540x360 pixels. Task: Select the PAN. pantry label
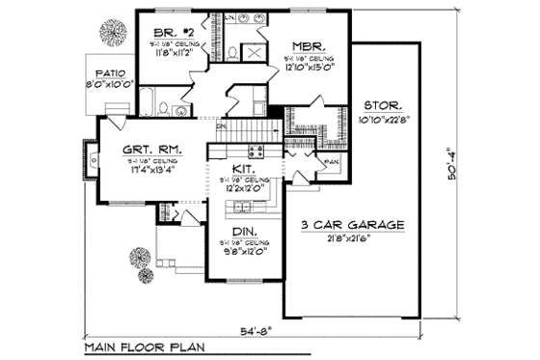tap(331, 159)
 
